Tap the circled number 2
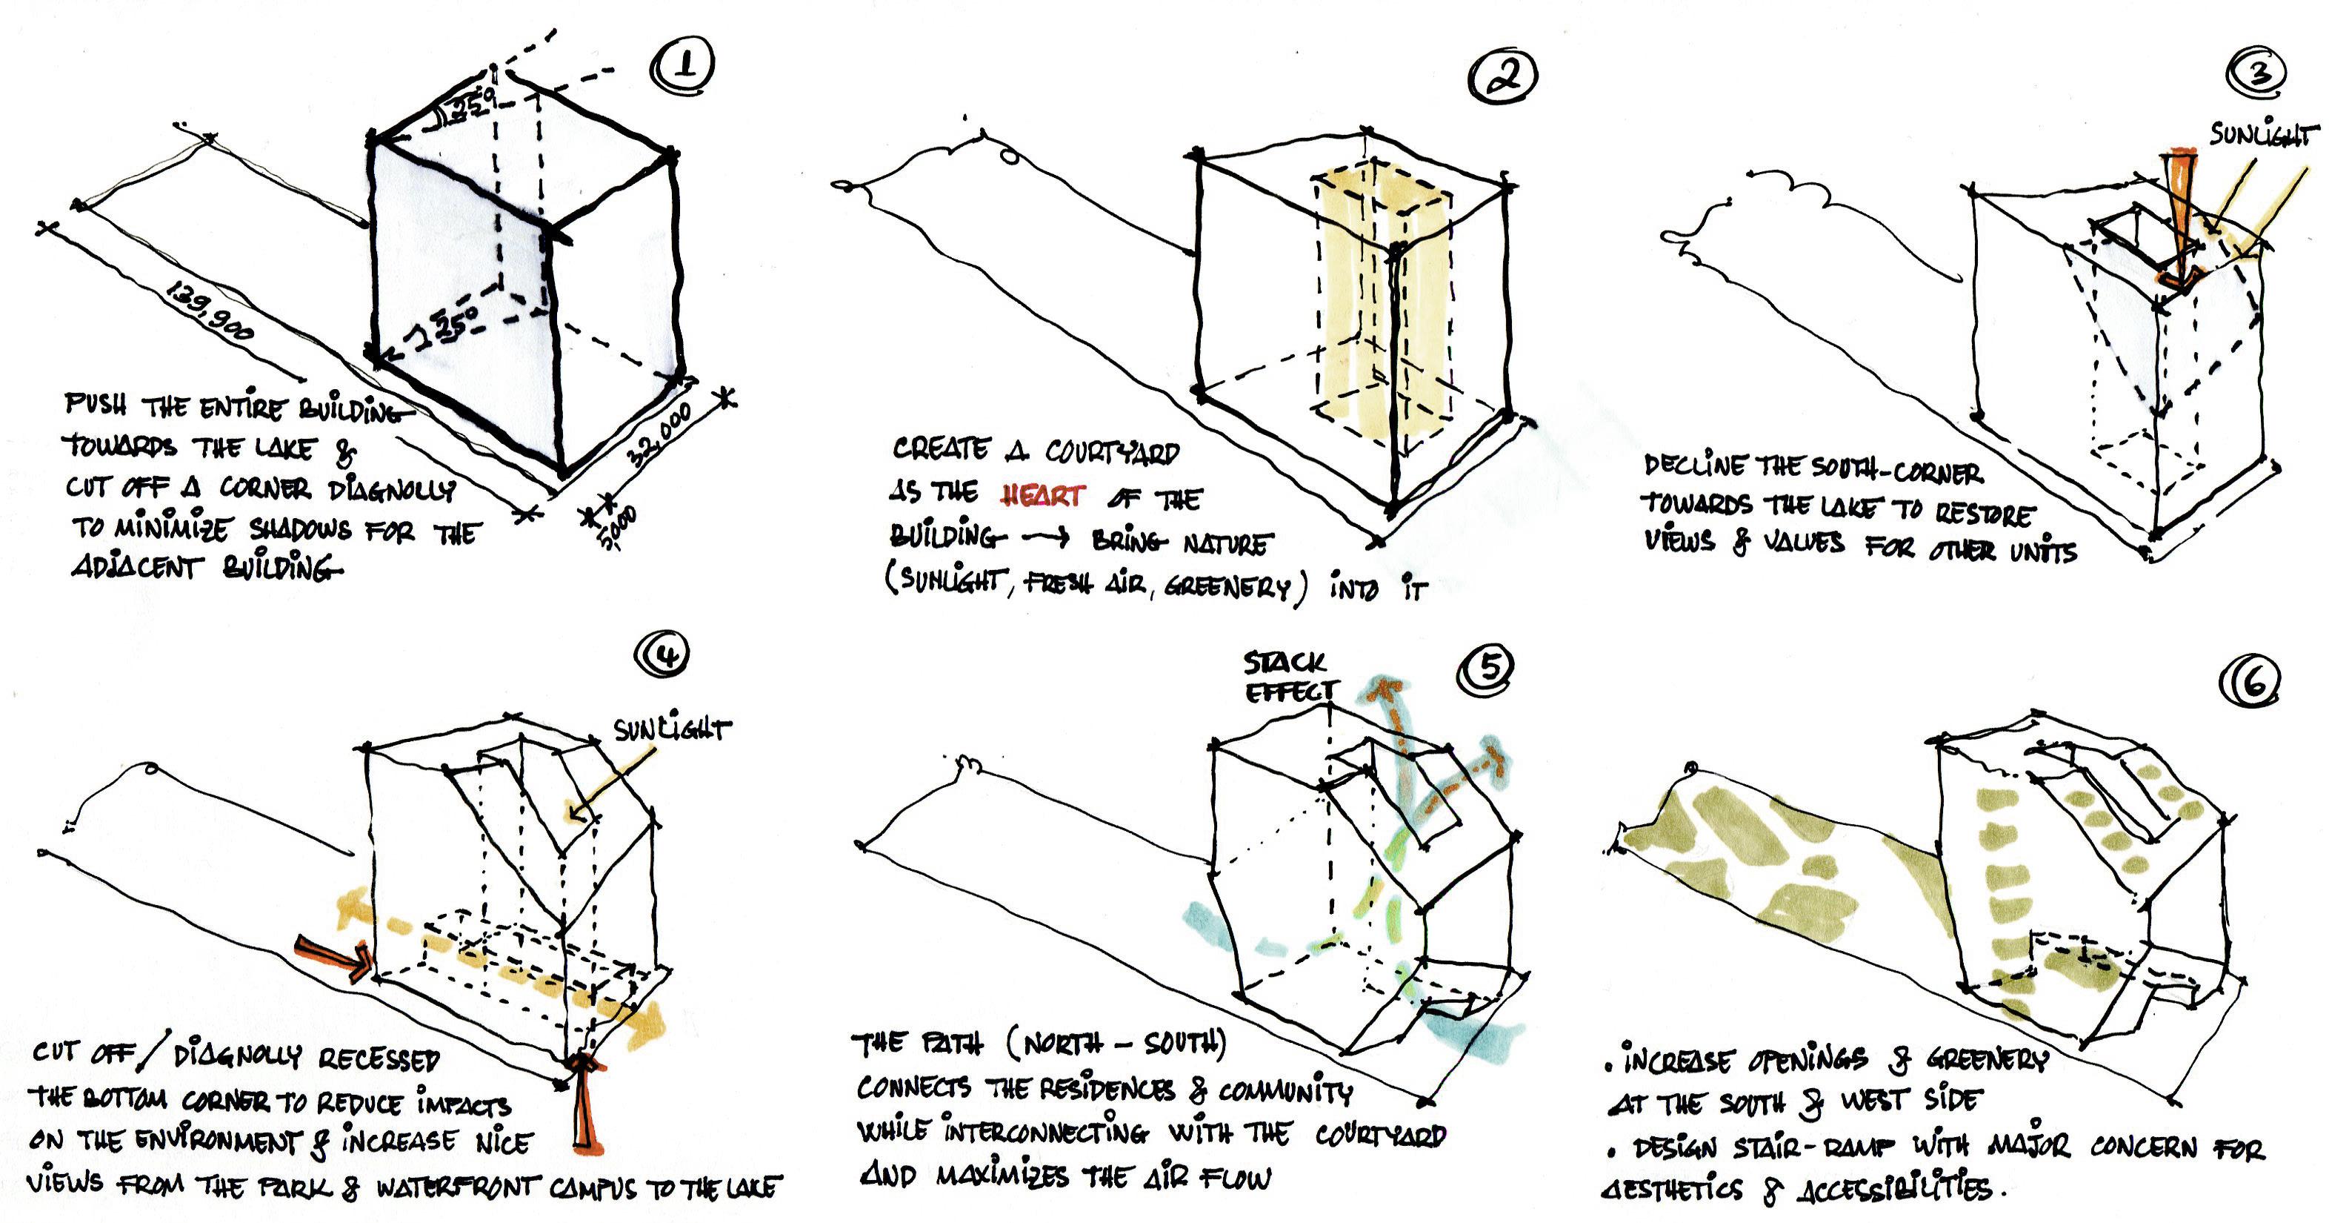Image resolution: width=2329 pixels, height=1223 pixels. pyautogui.click(x=1502, y=76)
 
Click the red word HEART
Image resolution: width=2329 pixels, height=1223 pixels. pyautogui.click(x=1042, y=496)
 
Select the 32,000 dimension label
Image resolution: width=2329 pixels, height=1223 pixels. pyautogui.click(x=661, y=435)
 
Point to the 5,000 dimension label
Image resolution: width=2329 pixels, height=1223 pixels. pyautogui.click(x=619, y=528)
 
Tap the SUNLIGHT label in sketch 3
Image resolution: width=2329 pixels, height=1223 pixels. pyautogui.click(x=2263, y=136)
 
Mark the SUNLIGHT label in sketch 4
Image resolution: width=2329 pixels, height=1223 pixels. pyautogui.click(x=671, y=729)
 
